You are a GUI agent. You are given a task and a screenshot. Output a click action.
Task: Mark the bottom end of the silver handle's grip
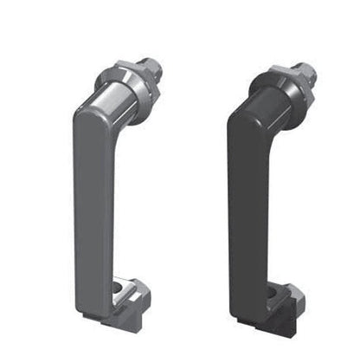95,303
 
